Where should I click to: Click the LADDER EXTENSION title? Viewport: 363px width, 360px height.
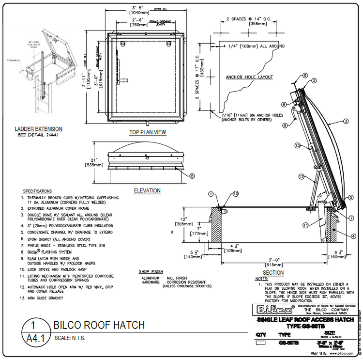[38, 129]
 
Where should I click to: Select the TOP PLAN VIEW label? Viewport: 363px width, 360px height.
[148, 132]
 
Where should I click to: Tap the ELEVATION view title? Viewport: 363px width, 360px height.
[147, 190]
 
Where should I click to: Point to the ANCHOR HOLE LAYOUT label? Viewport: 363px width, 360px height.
[249, 77]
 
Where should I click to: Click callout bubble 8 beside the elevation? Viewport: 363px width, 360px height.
[192, 176]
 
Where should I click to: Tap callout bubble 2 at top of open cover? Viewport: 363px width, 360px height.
[314, 80]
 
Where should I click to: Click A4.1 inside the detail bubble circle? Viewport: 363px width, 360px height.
[32, 337]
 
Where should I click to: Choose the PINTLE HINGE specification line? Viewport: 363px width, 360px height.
[62, 245]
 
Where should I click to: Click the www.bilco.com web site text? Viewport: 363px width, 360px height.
[339, 353]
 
